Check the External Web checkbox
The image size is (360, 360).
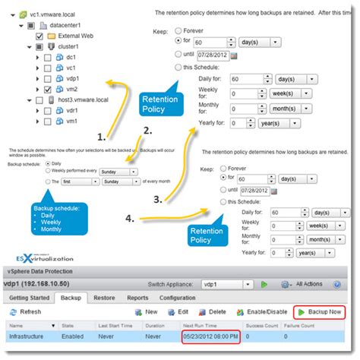(39, 36)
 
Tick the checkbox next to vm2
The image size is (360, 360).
(39, 88)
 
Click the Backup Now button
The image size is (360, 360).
(321, 311)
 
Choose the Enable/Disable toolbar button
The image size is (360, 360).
(263, 311)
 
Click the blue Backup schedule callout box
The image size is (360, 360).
(53, 216)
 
